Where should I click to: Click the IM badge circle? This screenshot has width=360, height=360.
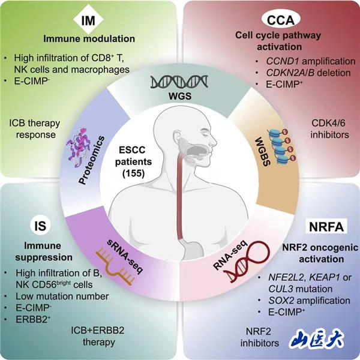(89, 22)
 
